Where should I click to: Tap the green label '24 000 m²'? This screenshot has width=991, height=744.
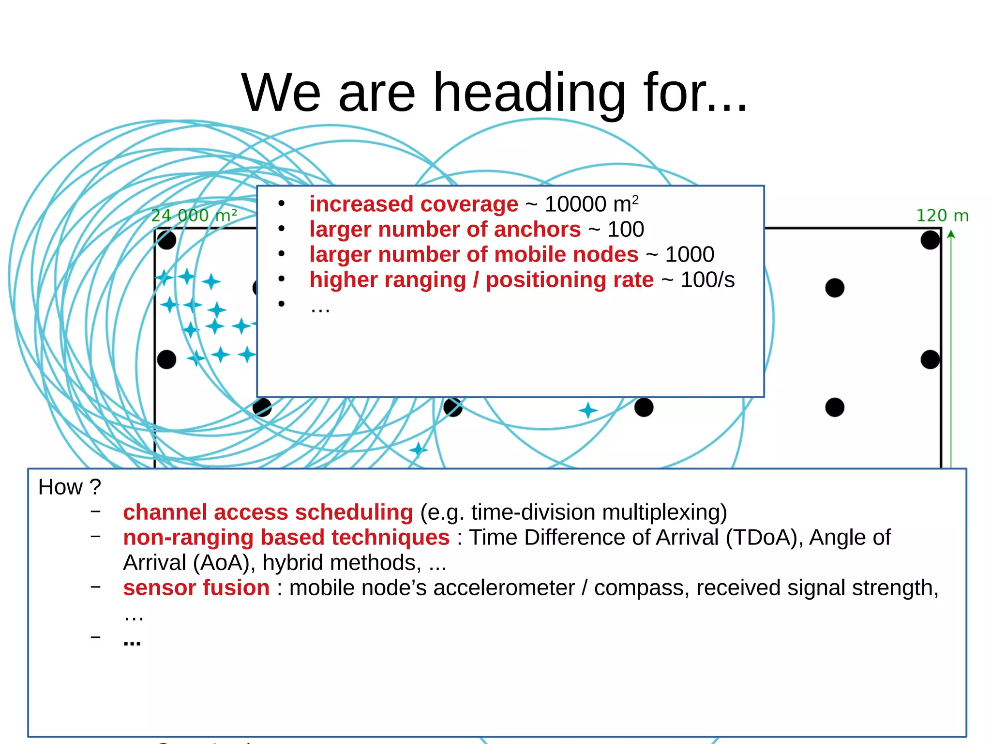[x=194, y=216]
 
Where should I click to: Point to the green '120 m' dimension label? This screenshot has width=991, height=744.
[x=942, y=216]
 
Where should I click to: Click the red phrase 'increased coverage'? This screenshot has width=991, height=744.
[x=414, y=204]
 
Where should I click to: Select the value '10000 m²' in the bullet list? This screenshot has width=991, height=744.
[x=591, y=204]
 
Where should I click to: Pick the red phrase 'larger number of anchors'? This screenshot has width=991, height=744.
[x=445, y=229]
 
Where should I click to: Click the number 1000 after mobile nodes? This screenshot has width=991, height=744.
[x=690, y=254]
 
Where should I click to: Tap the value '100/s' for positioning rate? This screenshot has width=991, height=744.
[x=707, y=279]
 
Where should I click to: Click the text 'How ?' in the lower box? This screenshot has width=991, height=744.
[x=70, y=487]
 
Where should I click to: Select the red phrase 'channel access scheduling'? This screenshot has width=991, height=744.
[x=268, y=512]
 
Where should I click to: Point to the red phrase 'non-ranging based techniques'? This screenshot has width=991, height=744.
[x=286, y=537]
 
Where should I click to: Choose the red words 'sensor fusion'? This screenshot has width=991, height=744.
[x=196, y=588]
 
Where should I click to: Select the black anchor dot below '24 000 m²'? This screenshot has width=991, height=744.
[x=167, y=240]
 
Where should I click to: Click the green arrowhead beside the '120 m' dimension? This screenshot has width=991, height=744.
[x=951, y=234]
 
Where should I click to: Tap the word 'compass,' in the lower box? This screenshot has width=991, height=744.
[x=642, y=588]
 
